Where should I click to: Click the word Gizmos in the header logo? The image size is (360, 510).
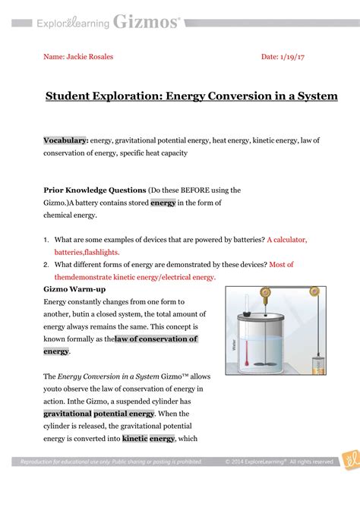point(146,23)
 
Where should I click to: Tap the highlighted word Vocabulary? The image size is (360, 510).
point(65,140)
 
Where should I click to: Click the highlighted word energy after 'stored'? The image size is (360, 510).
point(163,203)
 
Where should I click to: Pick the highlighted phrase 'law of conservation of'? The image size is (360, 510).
point(156,339)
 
